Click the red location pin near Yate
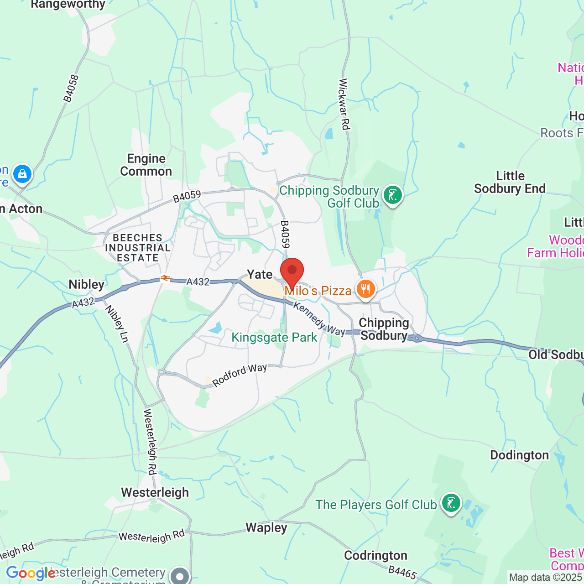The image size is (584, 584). (292, 272)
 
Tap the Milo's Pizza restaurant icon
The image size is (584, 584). (365, 289)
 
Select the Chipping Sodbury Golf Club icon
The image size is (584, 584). (393, 195)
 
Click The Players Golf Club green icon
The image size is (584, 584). (451, 503)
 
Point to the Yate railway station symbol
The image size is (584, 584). (165, 278)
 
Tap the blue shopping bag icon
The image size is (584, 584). (22, 174)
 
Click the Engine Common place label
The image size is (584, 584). (146, 165)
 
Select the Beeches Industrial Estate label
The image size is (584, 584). (137, 248)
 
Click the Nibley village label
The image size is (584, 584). (87, 284)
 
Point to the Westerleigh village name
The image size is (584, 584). (155, 493)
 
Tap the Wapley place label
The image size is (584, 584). (266, 528)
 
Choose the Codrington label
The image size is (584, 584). (375, 555)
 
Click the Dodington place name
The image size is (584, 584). (519, 455)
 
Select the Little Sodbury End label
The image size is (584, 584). (510, 182)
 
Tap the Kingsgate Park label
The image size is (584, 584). (274, 338)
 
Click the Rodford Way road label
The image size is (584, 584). (240, 375)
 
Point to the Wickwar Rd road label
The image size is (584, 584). (344, 104)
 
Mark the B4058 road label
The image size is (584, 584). (71, 89)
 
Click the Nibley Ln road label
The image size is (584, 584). (117, 323)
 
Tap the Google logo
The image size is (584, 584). (31, 573)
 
